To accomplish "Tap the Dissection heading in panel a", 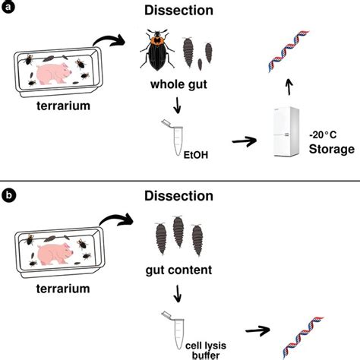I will tap(179, 11).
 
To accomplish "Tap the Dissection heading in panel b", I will tap(179, 196).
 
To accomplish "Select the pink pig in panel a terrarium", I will tap(59, 74).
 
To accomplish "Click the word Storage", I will tap(331, 150).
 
